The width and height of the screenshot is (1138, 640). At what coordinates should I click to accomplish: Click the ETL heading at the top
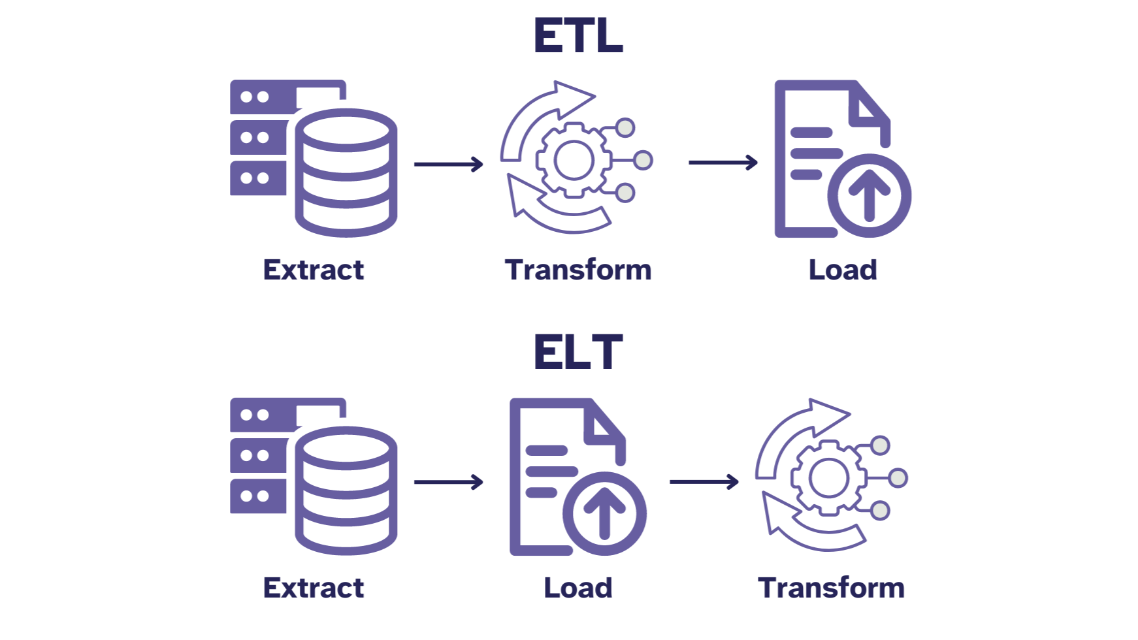(x=578, y=36)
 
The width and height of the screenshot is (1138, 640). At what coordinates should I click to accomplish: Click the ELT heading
(x=578, y=353)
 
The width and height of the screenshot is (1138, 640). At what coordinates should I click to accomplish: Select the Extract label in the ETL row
(x=313, y=270)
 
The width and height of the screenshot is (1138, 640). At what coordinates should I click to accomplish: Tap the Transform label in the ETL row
(x=578, y=270)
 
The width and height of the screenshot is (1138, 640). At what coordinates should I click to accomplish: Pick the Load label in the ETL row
(x=843, y=270)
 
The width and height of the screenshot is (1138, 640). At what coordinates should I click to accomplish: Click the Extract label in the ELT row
(x=313, y=588)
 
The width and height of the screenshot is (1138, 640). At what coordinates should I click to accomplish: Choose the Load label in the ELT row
(x=578, y=588)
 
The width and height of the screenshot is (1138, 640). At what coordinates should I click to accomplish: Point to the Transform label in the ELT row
(x=831, y=588)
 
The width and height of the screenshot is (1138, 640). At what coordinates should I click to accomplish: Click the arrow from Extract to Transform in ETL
(x=448, y=164)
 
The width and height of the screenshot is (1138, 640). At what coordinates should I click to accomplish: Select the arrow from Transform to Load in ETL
(x=723, y=162)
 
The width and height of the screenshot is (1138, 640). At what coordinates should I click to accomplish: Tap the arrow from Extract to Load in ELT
(x=448, y=482)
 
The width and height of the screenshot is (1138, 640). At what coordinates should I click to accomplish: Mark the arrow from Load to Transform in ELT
(x=704, y=482)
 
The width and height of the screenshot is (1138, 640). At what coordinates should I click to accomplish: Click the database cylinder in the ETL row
(x=346, y=173)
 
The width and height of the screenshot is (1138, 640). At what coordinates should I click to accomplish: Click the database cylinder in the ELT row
(x=346, y=491)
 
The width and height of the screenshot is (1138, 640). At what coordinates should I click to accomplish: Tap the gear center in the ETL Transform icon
(x=574, y=160)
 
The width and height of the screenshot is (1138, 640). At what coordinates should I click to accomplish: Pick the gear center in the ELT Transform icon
(x=828, y=478)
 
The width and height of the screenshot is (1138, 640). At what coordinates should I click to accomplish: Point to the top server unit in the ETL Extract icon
(x=261, y=97)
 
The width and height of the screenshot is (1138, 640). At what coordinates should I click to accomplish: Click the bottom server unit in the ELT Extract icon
(x=258, y=496)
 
